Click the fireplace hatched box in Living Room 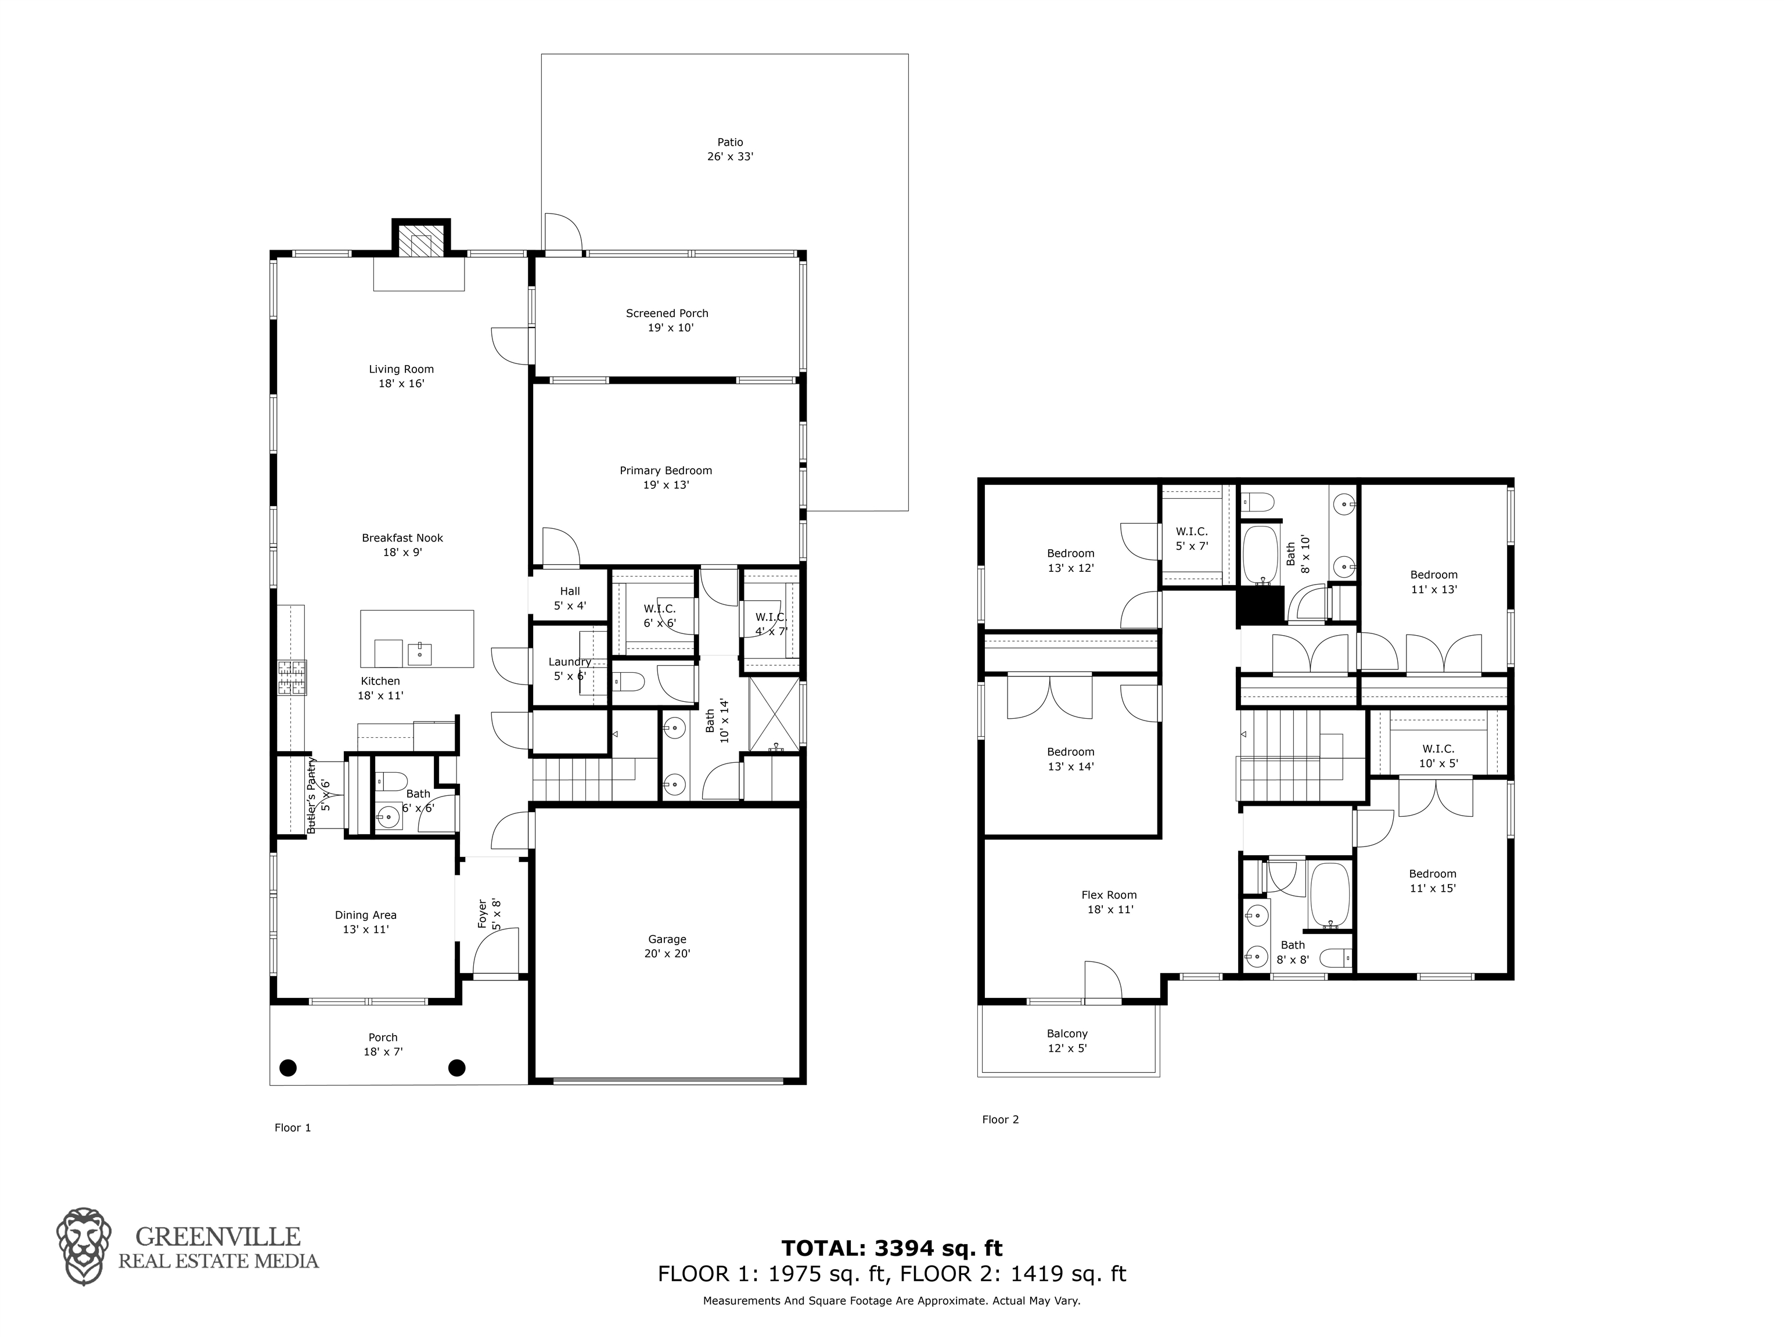[x=421, y=240]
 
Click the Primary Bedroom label [x=666, y=470]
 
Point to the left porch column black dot [x=288, y=1068]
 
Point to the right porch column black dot [x=456, y=1068]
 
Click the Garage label [x=667, y=939]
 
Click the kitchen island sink [x=419, y=653]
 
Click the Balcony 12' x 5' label [x=1067, y=1041]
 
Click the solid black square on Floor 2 [x=1260, y=606]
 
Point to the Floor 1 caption [x=293, y=1127]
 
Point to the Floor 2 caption [x=1000, y=1119]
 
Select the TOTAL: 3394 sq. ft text [x=891, y=1248]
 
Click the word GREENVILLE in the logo [x=218, y=1236]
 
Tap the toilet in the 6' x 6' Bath [x=392, y=781]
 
